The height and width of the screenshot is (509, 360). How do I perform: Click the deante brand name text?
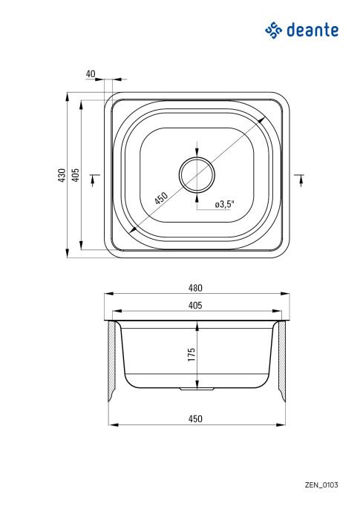coord(312,30)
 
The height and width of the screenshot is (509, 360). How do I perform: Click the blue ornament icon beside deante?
coord(274,30)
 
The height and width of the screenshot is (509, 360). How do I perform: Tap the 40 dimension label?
coord(91,74)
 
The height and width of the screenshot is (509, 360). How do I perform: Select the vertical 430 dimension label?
coord(62,175)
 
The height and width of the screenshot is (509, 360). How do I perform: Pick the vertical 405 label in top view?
coord(75,175)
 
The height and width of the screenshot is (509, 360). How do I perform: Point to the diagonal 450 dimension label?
coord(161,198)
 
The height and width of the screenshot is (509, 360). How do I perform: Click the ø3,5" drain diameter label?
coord(225,204)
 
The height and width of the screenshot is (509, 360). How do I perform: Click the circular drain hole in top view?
coord(197,174)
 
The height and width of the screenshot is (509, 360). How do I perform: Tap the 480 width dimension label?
coord(195,288)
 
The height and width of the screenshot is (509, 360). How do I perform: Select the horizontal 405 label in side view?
coord(195,305)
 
